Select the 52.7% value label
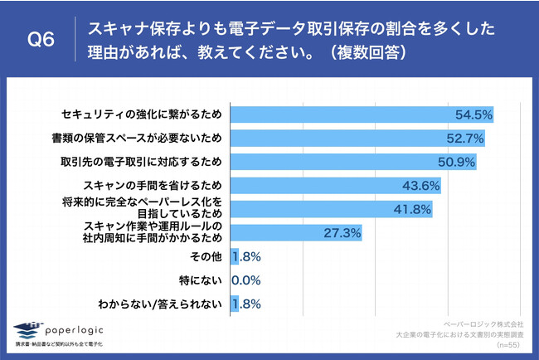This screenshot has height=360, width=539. [x=467, y=138]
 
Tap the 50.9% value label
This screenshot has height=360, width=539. [x=458, y=161]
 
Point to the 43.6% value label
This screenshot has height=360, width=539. [x=421, y=186]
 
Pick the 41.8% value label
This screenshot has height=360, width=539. [x=412, y=209]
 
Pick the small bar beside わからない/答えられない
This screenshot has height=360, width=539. [x=235, y=304]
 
